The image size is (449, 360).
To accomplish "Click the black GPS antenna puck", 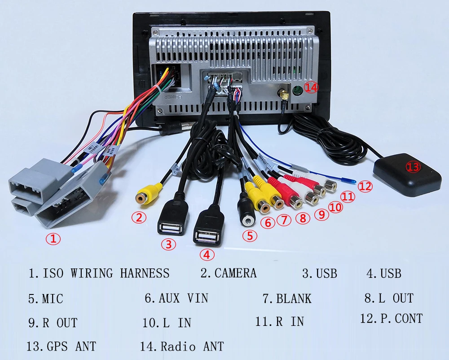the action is tap(407, 175).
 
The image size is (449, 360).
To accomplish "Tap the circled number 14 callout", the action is tap(311, 87).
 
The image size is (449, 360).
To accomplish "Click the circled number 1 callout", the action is tap(53, 239).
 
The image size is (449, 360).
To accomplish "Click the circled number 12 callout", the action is tap(365, 187).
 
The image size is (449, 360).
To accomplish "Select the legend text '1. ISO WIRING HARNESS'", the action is tap(99, 273).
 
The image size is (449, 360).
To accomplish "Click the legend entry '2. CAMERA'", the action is tap(228, 273).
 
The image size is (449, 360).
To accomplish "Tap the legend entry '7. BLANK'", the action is tap(287, 299).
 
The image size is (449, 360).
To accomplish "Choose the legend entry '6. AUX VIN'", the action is tap(176, 298).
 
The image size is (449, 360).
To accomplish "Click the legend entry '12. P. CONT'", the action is tap(391, 319).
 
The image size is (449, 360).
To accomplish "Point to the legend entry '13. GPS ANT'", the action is tap(61, 346).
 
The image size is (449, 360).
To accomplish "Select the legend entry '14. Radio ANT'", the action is tap(182, 346).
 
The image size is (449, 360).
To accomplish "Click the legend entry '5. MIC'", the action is tap(45, 299).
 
